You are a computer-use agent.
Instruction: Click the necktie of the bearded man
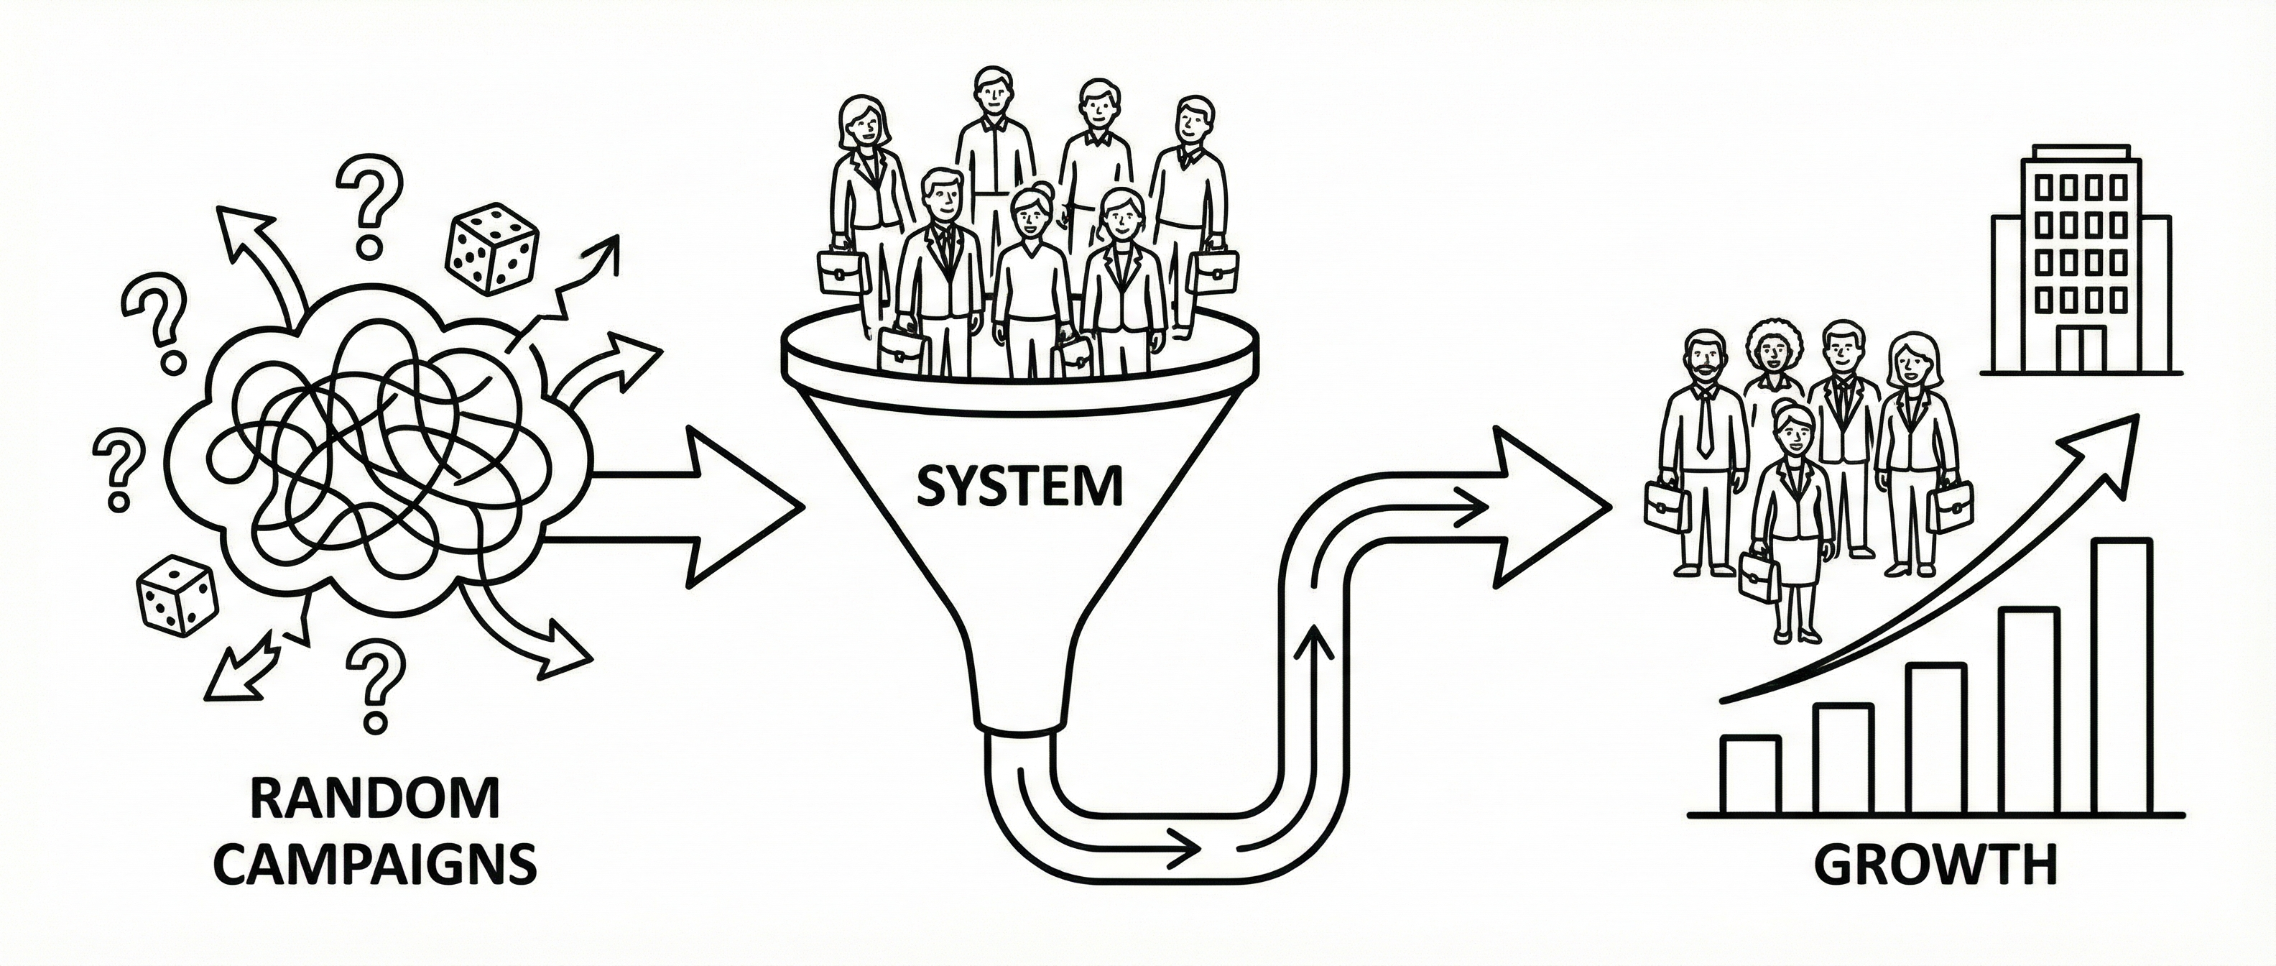tap(1704, 420)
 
